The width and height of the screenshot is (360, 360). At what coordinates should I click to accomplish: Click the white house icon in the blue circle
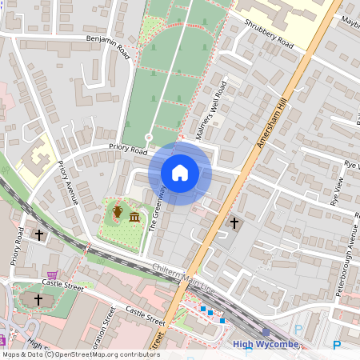pos(180,173)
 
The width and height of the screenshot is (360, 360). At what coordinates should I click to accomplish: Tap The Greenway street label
pos(158,209)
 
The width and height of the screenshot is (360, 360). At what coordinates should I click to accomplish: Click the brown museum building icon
pos(134,218)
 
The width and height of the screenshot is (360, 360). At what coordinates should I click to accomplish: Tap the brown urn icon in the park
pos(118,211)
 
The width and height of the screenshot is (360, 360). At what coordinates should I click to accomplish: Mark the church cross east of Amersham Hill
pos(234,223)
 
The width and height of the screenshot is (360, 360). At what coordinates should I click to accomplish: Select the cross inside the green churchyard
pos(37,299)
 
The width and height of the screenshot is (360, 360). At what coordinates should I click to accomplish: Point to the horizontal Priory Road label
pos(129,150)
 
